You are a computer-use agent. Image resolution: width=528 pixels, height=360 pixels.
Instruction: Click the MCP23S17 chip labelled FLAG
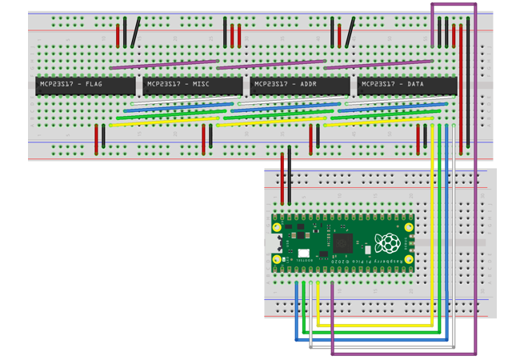pyautogui.click(x=85, y=85)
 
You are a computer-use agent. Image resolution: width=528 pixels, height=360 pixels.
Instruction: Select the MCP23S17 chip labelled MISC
pyautogui.click(x=192, y=85)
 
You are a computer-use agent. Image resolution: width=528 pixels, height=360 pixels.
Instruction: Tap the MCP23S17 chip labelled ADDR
pyautogui.click(x=299, y=85)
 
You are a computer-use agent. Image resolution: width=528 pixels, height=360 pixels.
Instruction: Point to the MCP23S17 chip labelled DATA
pyautogui.click(x=406, y=85)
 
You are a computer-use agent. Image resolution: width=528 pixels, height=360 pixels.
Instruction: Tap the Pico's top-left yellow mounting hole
pyautogui.click(x=277, y=227)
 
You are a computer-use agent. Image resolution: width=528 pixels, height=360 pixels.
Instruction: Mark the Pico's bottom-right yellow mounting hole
pyautogui.click(x=408, y=260)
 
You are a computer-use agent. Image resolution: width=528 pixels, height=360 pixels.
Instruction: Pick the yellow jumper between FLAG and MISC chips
pyautogui.click(x=163, y=123)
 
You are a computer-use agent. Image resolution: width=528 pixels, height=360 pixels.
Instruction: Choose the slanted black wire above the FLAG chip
pyautogui.click(x=136, y=32)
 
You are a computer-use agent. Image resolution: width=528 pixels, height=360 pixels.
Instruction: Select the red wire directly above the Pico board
pyautogui.click(x=282, y=179)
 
